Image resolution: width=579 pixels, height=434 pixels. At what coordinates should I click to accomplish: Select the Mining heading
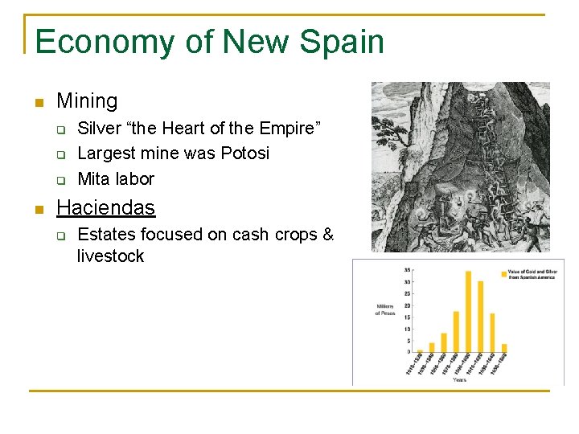[87, 101]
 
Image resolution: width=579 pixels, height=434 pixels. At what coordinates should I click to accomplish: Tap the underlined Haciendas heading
[105, 207]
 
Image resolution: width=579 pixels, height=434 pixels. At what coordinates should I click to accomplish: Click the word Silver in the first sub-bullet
[96, 128]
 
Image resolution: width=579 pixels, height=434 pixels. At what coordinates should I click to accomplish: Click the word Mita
[94, 178]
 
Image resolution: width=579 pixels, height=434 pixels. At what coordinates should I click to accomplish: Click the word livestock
[110, 256]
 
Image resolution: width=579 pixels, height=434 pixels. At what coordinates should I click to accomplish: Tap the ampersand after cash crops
[328, 235]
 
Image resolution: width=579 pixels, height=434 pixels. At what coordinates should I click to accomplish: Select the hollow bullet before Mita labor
[59, 179]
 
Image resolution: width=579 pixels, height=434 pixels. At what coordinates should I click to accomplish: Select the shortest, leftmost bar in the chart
[420, 351]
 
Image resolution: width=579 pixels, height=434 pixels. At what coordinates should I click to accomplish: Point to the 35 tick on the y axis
[408, 270]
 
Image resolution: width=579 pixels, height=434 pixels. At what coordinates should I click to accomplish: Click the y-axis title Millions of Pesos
[384, 310]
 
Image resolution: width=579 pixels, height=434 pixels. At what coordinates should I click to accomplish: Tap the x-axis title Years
[458, 379]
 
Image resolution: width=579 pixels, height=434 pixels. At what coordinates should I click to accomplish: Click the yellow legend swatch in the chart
[504, 274]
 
